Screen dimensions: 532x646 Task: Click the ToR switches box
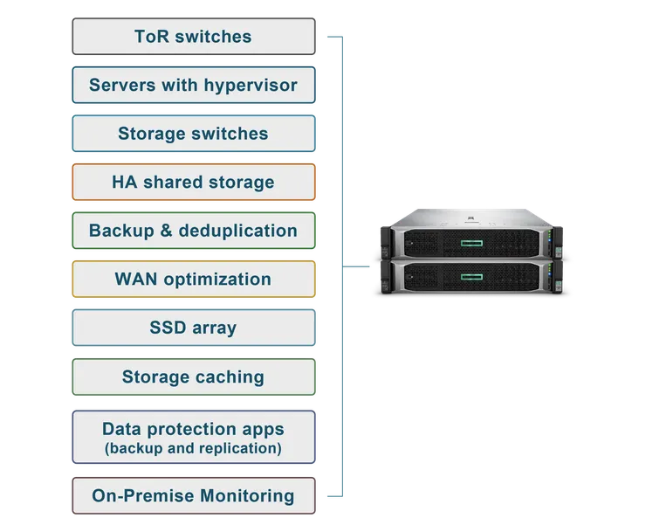coord(193,37)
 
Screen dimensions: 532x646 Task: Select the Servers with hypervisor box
coord(193,86)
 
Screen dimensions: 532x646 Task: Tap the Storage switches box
coord(193,135)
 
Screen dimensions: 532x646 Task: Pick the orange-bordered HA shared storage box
coord(193,183)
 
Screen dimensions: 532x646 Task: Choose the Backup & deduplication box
coord(193,231)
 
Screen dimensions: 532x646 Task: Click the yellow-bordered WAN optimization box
coord(193,280)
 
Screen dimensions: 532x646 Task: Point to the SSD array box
coord(193,328)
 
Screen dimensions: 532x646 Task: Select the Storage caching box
coord(193,377)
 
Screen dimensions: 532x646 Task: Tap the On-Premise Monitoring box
coord(193,496)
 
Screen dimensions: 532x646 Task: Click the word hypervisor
coord(251,86)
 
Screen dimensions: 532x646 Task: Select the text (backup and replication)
coord(193,449)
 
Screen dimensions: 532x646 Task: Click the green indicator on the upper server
coord(480,240)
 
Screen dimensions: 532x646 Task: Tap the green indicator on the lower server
coord(480,279)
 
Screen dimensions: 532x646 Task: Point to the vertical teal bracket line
coord(339,262)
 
